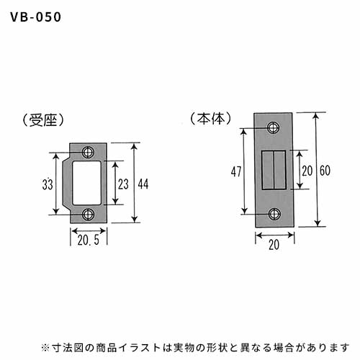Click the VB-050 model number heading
tap(36, 17)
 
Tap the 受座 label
tap(43, 120)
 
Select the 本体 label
tap(211, 119)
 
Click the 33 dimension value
tap(48, 184)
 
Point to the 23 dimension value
tap(123, 184)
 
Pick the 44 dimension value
tap(143, 184)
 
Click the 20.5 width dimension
tap(89, 240)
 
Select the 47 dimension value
tap(236, 171)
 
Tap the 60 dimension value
tap(325, 171)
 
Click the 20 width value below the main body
tap(274, 245)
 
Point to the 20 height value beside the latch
tap(307, 171)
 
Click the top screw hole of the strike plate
tap(88, 152)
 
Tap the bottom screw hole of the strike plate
tap(88, 215)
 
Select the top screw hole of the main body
tap(274, 127)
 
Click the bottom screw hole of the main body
tap(274, 214)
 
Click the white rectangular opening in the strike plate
tap(86, 183)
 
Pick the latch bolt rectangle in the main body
tap(274, 170)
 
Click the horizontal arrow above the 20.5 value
tap(89, 231)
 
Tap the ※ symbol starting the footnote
tap(45, 348)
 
